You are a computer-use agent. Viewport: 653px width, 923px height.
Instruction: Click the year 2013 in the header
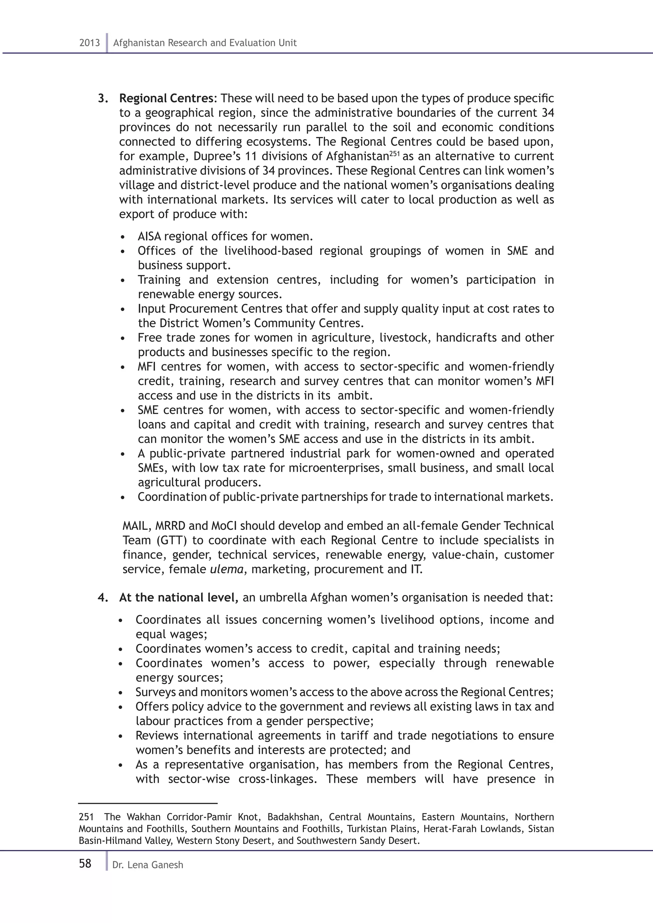pyautogui.click(x=89, y=43)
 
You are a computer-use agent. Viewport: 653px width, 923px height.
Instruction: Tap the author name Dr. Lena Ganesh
pyautogui.click(x=148, y=865)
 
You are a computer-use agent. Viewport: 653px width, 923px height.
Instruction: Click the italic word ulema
pyautogui.click(x=227, y=570)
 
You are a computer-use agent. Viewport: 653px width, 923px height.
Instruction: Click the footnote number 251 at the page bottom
pyautogui.click(x=86, y=817)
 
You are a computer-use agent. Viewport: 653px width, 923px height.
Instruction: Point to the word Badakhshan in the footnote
pyautogui.click(x=294, y=817)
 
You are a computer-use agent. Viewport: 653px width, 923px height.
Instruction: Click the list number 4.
pyautogui.click(x=102, y=598)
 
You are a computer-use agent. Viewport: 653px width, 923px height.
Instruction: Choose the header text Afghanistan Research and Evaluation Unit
pyautogui.click(x=205, y=43)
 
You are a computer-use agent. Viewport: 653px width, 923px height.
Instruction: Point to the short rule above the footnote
pyautogui.click(x=148, y=803)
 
